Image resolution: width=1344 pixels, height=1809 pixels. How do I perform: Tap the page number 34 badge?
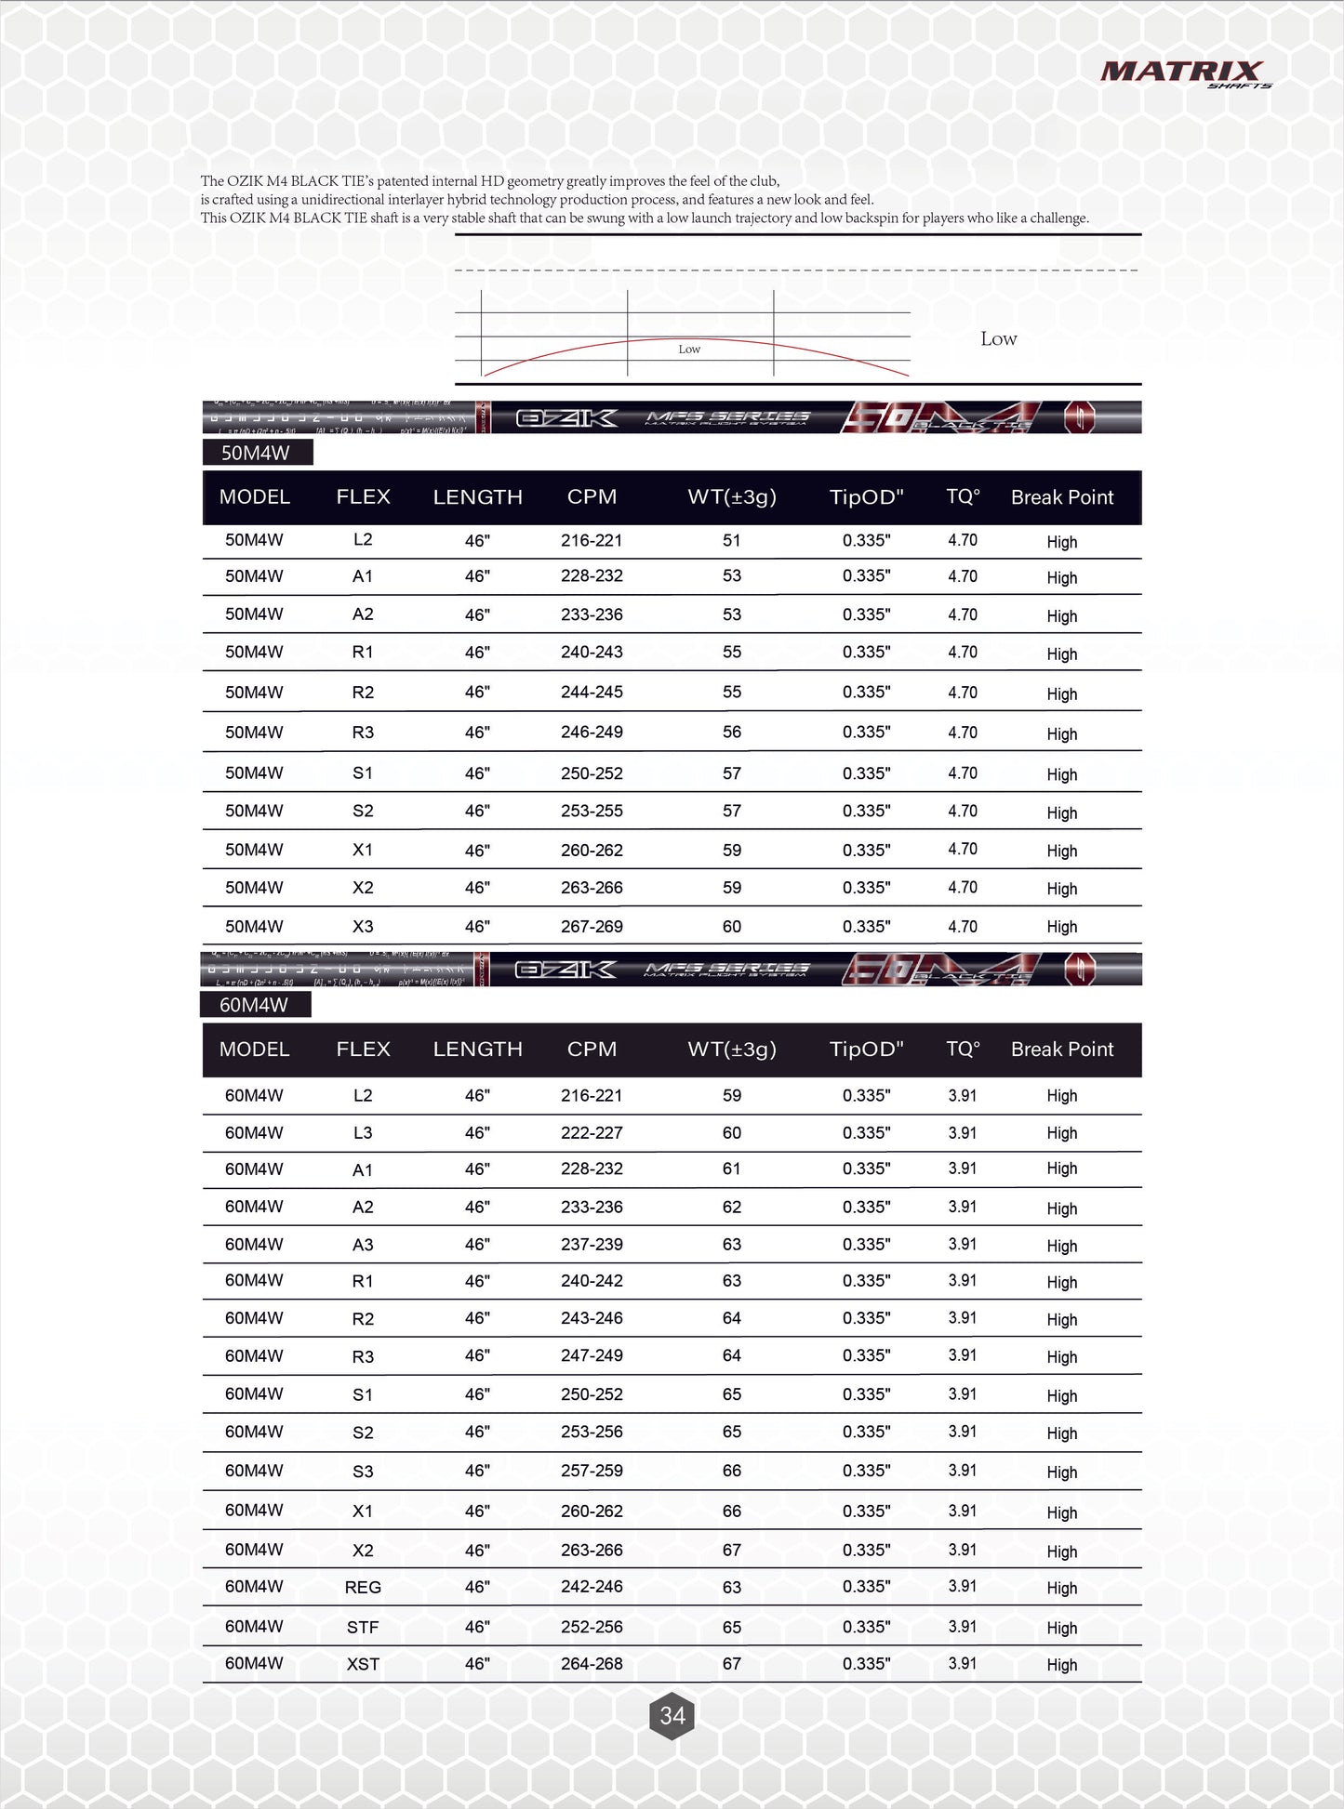coord(672,1715)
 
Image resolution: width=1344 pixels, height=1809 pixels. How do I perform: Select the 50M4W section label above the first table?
coord(257,453)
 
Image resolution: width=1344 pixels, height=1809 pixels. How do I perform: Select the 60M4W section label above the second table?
coord(255,1005)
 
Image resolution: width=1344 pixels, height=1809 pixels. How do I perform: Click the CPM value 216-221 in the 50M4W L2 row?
coord(592,540)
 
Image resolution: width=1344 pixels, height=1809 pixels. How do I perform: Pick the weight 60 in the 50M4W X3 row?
coord(732,927)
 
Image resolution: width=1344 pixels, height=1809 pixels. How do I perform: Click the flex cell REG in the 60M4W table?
coord(363,1588)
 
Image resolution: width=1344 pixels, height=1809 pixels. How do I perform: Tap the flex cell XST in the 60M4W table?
coord(363,1665)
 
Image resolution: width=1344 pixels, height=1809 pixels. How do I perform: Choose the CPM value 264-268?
coord(592,1664)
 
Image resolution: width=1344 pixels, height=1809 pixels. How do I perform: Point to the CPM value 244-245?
coord(592,693)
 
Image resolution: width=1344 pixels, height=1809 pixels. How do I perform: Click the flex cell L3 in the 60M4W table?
coord(363,1133)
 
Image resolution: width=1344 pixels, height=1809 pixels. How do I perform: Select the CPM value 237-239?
coord(592,1245)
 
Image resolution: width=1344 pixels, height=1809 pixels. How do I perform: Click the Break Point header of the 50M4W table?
coord(1062,497)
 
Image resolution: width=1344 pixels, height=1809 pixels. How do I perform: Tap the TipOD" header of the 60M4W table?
coord(866,1050)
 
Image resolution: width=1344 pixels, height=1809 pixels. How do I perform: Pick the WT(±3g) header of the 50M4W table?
coord(732,497)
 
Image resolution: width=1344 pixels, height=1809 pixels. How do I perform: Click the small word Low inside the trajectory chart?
coord(689,350)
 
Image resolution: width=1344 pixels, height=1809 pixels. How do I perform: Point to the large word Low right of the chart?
coord(999,339)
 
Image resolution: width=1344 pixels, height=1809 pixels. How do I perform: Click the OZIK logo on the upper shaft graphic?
coord(566,418)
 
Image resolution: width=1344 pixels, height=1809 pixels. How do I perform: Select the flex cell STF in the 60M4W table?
coord(363,1628)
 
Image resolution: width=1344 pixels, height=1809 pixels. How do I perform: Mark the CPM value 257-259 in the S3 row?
coord(592,1471)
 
